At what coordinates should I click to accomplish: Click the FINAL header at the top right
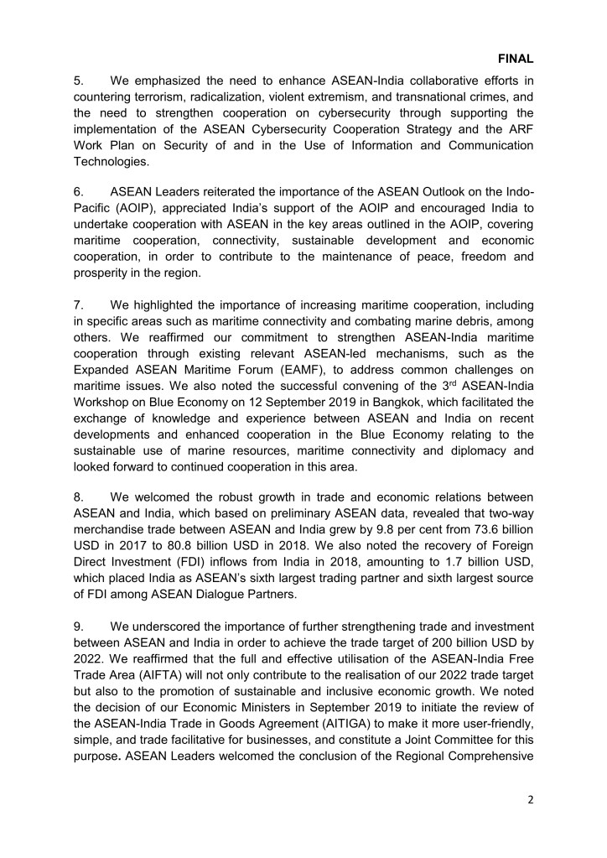516,60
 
